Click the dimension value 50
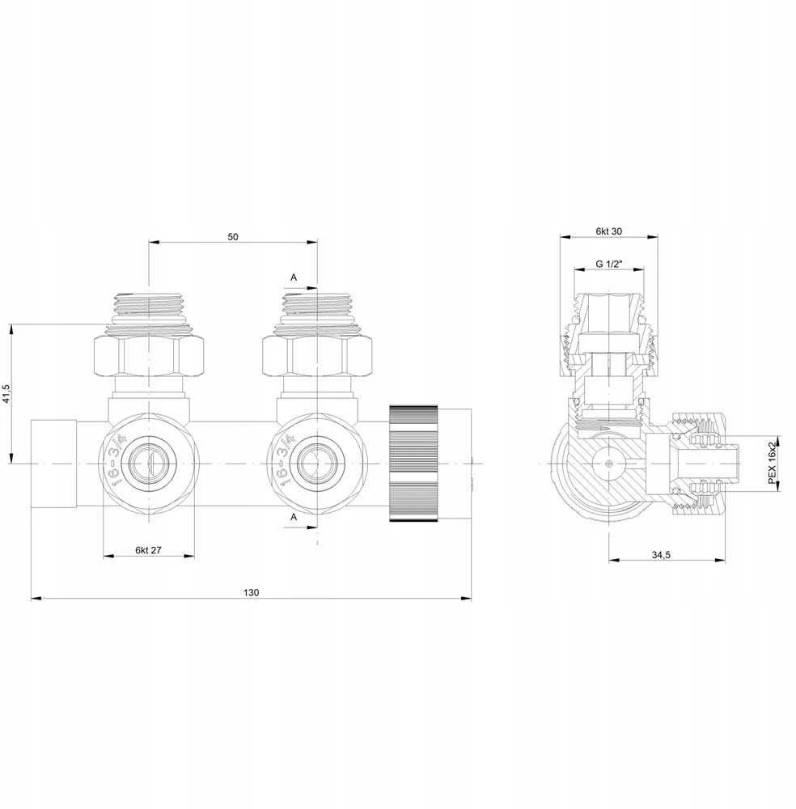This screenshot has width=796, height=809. click(233, 237)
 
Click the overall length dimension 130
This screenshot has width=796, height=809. click(252, 592)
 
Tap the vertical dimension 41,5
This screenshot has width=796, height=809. click(6, 393)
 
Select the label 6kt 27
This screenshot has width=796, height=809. click(149, 550)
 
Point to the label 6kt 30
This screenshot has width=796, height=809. click(609, 231)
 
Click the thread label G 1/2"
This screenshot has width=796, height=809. click(609, 264)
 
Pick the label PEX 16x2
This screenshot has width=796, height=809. click(772, 462)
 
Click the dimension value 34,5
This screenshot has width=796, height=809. click(661, 555)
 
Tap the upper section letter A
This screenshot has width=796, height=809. click(294, 277)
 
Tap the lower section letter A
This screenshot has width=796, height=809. click(294, 516)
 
